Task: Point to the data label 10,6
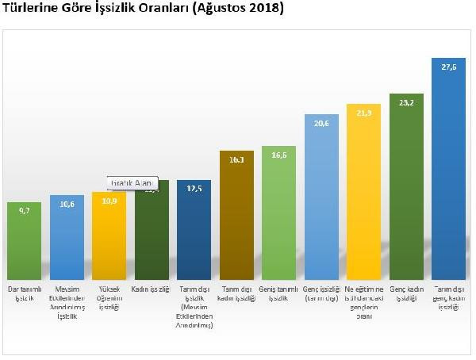tap(67, 205)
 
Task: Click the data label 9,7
tap(24, 212)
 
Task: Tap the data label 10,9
tap(109, 203)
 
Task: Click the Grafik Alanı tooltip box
tap(132, 182)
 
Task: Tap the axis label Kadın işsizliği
tap(152, 289)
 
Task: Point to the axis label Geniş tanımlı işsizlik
tap(280, 293)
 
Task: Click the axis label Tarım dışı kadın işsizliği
tap(237, 293)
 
